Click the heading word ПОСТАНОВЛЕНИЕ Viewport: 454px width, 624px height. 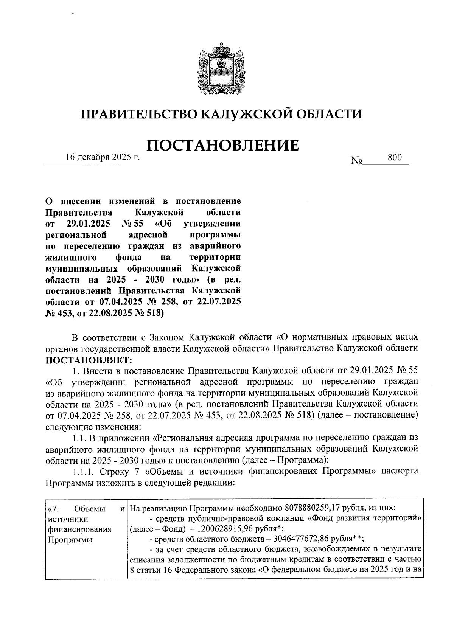coord(222,145)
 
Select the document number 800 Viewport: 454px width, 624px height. coord(395,158)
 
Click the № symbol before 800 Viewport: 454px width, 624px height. coord(357,161)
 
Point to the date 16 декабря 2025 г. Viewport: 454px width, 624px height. coord(103,157)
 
